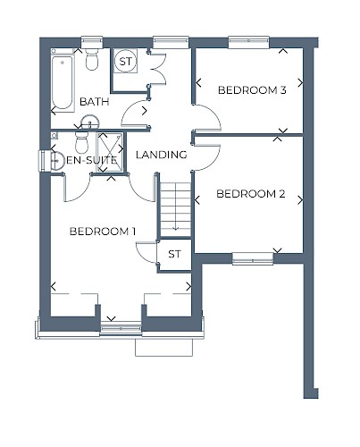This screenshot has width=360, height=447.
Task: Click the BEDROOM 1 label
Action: click(103, 232)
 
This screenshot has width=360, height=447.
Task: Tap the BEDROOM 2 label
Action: click(251, 194)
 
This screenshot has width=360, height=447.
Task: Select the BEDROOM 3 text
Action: click(252, 90)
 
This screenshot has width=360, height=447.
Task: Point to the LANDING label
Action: click(162, 155)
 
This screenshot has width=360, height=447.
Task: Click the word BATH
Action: click(95, 102)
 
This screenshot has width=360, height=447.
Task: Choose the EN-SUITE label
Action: click(92, 160)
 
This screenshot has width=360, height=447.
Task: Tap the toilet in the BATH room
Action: click(92, 59)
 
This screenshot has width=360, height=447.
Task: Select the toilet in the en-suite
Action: click(82, 142)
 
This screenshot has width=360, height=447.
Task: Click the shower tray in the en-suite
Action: click(110, 152)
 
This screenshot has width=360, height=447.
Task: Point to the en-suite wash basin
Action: click(57, 161)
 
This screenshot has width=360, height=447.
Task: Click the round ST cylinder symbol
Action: click(125, 62)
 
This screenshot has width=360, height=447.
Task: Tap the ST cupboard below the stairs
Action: click(174, 254)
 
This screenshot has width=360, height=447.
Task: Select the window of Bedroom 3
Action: click(248, 42)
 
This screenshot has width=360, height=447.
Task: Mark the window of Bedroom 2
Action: click(253, 258)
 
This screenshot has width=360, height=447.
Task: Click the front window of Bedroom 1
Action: click(121, 328)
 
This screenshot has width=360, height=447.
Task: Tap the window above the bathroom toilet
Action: click(92, 42)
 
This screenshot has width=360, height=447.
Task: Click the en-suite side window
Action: click(45, 161)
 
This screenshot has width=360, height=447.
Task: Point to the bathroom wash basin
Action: click(89, 122)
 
